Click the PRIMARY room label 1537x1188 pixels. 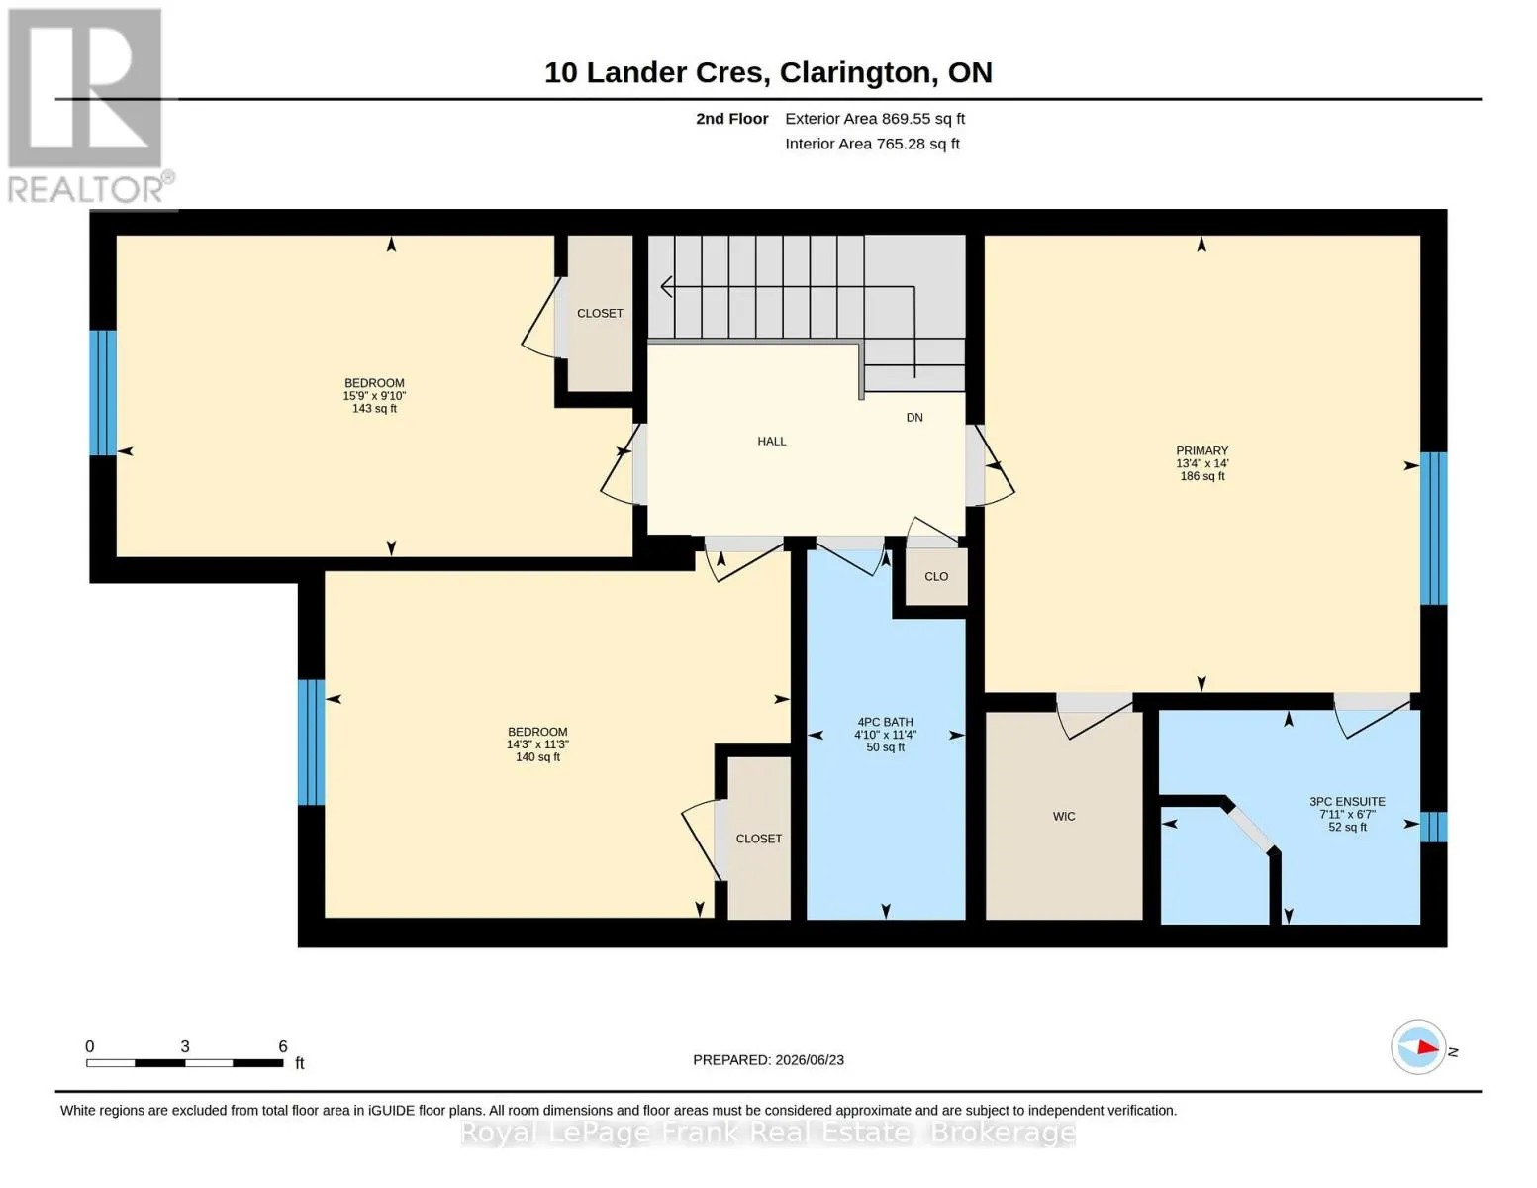click(x=1201, y=450)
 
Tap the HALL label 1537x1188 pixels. click(x=772, y=441)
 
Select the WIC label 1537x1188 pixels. click(x=1064, y=816)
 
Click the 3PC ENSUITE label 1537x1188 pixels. click(x=1347, y=802)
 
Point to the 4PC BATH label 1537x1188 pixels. click(x=886, y=722)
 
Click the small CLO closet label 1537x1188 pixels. click(x=936, y=576)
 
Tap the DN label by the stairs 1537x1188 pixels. click(x=914, y=418)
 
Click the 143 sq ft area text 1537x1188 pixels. click(x=374, y=408)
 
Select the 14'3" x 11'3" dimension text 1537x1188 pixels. click(x=537, y=744)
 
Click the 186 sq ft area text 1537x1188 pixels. click(x=1202, y=476)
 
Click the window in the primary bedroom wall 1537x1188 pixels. click(x=1434, y=529)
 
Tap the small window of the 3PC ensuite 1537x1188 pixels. click(x=1434, y=827)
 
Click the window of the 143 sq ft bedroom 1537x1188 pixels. click(x=103, y=393)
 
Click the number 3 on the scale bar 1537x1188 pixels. click(x=185, y=1046)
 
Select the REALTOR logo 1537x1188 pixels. click(x=90, y=106)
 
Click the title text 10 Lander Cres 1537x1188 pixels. click(x=657, y=72)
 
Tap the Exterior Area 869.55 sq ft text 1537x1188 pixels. click(x=875, y=119)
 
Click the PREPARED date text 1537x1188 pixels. click(x=768, y=1060)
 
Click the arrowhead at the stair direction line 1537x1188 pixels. click(x=666, y=286)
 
